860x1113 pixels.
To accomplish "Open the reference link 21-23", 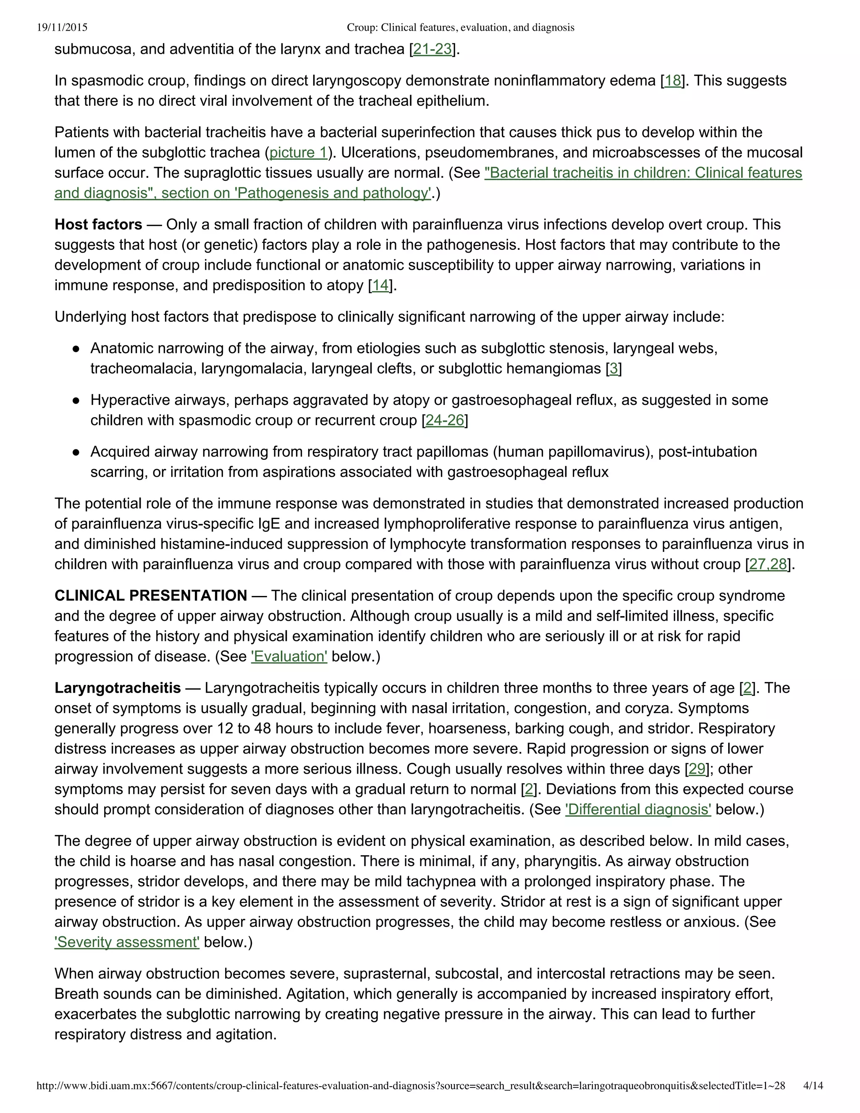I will (x=432, y=50).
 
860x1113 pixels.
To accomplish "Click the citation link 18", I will (x=673, y=81).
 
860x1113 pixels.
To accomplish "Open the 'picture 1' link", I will (x=298, y=152).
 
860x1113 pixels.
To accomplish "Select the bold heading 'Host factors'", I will (x=98, y=225).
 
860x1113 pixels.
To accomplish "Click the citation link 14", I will (x=380, y=285).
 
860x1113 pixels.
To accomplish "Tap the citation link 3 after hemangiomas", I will (x=614, y=368).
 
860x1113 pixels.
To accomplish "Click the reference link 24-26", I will (x=444, y=420).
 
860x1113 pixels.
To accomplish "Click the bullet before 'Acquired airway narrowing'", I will (x=76, y=452).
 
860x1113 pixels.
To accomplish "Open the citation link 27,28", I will (x=768, y=564).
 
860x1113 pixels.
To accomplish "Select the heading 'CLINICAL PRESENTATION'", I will (x=151, y=596).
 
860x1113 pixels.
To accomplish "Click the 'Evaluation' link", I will (x=289, y=656).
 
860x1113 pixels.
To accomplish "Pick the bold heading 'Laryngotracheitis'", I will (x=118, y=688).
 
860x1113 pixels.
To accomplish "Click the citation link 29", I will (x=697, y=769).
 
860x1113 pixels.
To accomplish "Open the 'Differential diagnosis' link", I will (x=638, y=809).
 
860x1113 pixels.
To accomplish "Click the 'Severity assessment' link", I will (x=127, y=942).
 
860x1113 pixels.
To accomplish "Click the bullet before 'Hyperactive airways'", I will (x=76, y=401).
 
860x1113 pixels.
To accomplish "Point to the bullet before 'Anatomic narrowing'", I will (x=76, y=349).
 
